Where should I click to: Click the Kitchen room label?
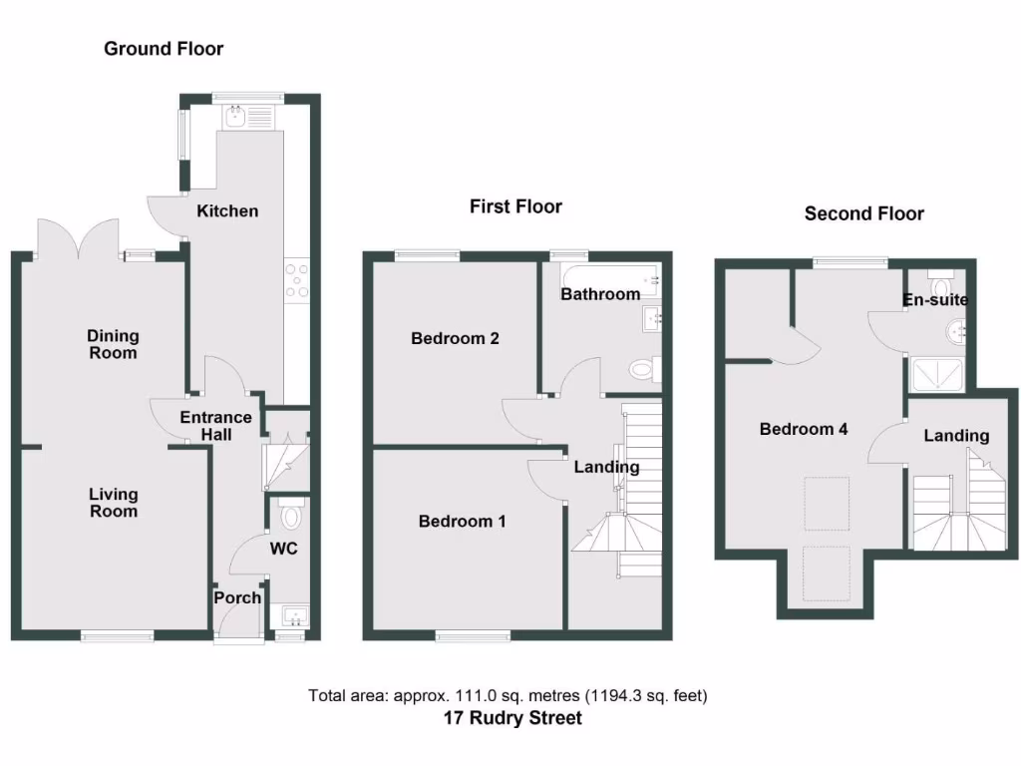click(227, 210)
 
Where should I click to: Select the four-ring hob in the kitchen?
click(296, 280)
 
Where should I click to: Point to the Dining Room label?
click(113, 344)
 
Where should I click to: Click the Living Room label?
click(114, 503)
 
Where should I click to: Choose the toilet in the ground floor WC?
click(291, 517)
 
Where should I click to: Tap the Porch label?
click(238, 597)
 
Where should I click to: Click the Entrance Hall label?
click(216, 426)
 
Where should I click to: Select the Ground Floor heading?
click(164, 48)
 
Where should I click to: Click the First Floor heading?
click(515, 206)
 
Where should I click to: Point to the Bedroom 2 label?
click(455, 338)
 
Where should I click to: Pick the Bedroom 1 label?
click(462, 521)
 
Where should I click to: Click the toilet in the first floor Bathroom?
click(641, 371)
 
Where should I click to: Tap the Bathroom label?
click(599, 294)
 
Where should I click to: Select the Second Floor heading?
click(863, 213)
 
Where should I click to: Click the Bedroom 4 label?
click(804, 429)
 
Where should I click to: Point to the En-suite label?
click(934, 299)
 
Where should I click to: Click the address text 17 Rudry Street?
click(512, 717)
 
